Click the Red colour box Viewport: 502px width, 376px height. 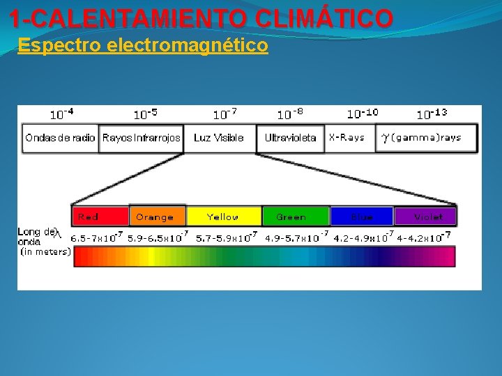[x=100, y=217]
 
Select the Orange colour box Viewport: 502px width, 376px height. [x=157, y=217]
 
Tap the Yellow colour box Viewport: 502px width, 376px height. [x=223, y=217]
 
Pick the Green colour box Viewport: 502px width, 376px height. [x=294, y=217]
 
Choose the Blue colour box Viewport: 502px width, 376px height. [x=361, y=217]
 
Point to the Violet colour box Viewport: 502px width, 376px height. [x=425, y=217]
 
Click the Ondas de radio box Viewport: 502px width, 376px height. [x=61, y=138]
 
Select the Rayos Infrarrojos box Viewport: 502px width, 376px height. [x=142, y=138]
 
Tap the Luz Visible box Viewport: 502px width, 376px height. [x=219, y=138]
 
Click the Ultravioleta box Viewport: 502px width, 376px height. [x=290, y=138]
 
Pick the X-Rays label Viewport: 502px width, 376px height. [x=347, y=138]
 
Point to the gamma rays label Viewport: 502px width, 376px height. [x=421, y=138]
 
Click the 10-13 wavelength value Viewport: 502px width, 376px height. [x=432, y=113]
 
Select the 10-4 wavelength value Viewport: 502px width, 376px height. [x=61, y=113]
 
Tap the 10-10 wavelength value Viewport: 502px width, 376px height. [x=363, y=113]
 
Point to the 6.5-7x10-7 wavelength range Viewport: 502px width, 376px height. [x=97, y=237]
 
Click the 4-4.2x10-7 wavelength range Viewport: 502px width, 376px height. [x=424, y=237]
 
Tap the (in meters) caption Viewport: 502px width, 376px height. [x=45, y=251]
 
